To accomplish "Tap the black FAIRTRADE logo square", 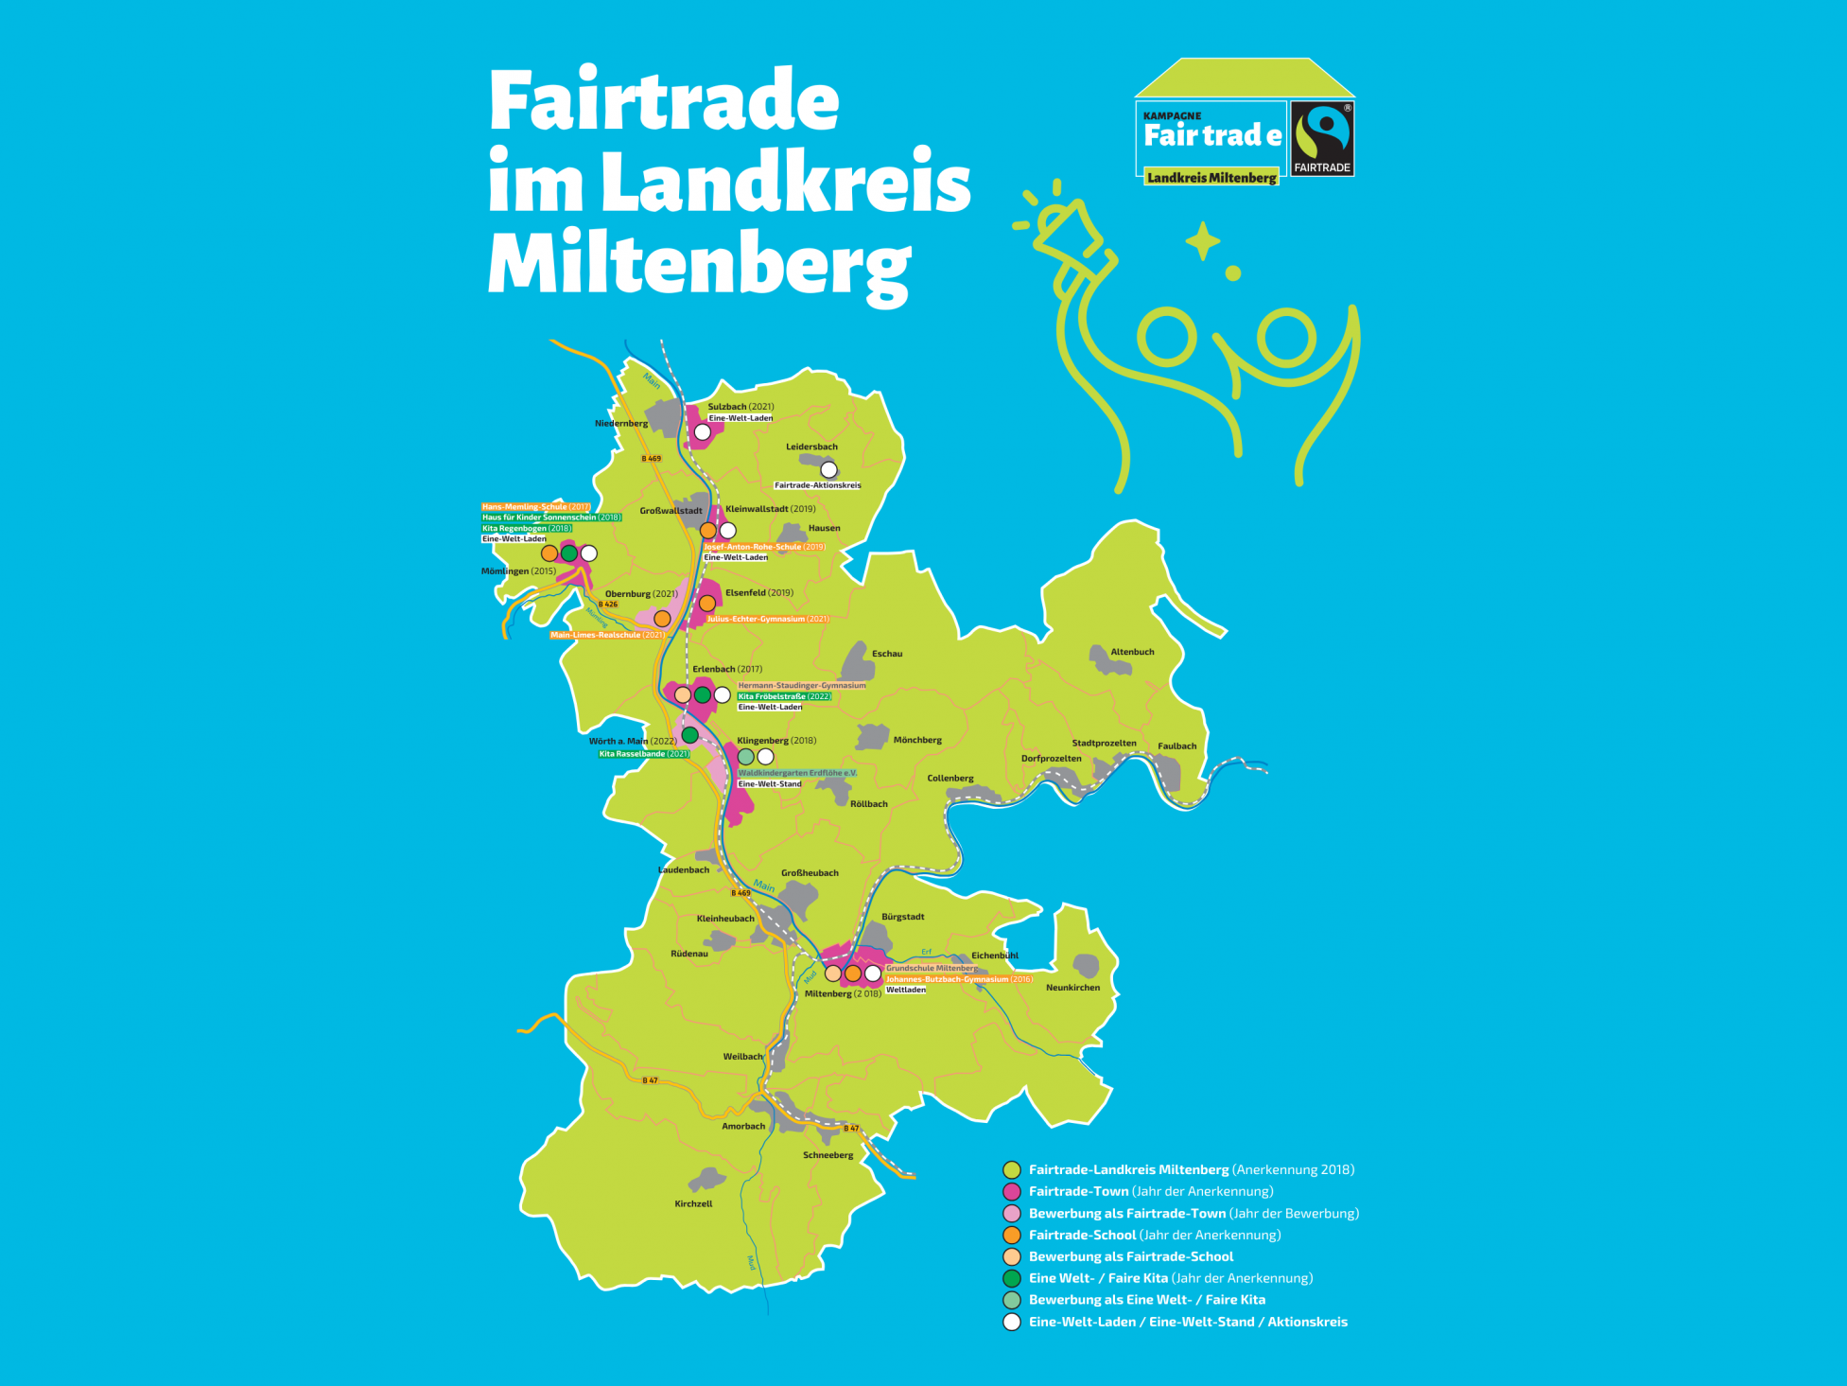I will tap(1322, 139).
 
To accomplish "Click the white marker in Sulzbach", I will tap(703, 432).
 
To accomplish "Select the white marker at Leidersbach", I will tap(828, 469).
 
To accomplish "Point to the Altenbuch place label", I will tap(1132, 652).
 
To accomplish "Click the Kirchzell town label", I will tap(693, 1203).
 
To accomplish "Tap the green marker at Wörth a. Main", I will tap(690, 735).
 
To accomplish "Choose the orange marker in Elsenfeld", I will tap(707, 604).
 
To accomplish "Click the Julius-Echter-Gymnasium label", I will tap(767, 619).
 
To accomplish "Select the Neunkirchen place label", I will tap(1072, 987).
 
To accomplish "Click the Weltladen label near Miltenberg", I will tap(906, 990).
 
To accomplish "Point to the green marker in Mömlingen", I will tap(569, 553).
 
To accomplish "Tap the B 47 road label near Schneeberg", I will tap(851, 1128).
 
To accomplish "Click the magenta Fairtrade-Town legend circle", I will tap(1012, 1191).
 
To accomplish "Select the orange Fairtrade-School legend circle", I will tap(1012, 1235).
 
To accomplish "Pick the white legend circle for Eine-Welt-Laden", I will tap(1012, 1322).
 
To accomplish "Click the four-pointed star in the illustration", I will tap(1203, 240).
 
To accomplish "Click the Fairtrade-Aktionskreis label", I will tap(817, 485).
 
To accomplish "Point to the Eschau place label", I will tap(887, 654).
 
